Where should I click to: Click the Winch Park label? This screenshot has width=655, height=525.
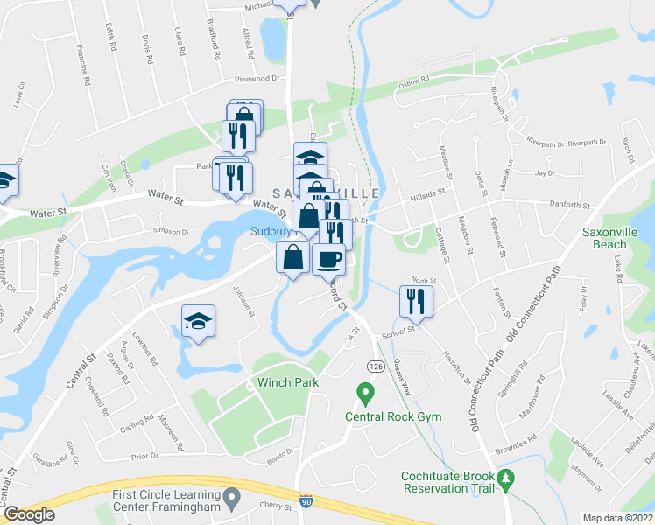tap(286, 382)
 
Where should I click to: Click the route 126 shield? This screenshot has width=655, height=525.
tap(374, 365)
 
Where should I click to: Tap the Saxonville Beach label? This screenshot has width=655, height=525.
tap(610, 238)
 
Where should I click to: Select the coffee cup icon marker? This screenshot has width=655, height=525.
tap(328, 259)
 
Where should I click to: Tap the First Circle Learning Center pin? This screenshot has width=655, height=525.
tap(232, 500)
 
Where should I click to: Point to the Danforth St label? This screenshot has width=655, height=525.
tap(568, 205)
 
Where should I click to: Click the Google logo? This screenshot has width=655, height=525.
tap(29, 514)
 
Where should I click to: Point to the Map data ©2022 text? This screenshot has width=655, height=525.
tap(618, 518)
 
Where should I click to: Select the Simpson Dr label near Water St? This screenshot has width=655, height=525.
tap(171, 231)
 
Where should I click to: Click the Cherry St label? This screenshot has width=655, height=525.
tap(274, 506)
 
